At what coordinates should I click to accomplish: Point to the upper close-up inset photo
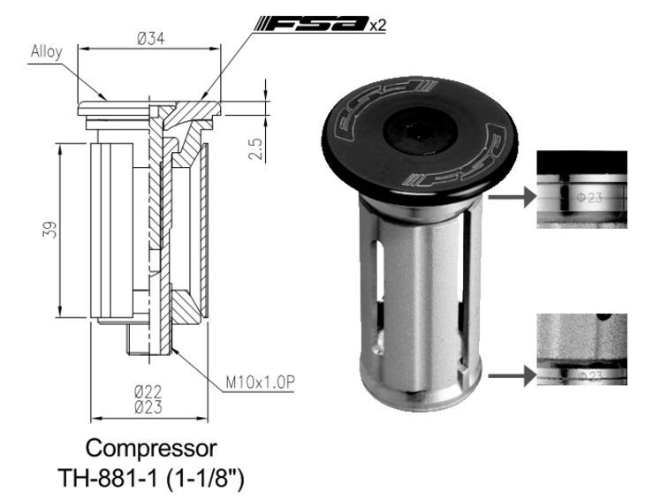click(582, 189)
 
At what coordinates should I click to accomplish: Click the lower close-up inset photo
click(582, 349)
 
